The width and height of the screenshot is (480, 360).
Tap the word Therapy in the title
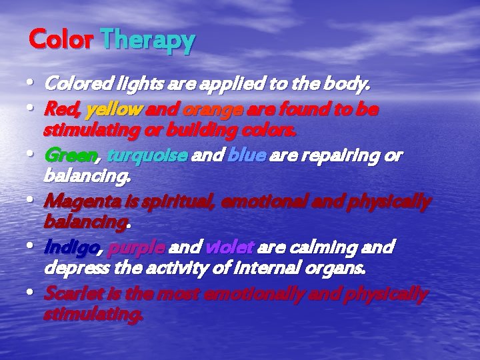coord(148,41)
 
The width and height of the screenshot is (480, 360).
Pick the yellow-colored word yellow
coord(115,109)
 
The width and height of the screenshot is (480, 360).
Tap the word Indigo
coord(71,247)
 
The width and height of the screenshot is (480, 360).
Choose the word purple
coord(137,247)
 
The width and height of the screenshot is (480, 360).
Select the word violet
coord(229,247)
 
